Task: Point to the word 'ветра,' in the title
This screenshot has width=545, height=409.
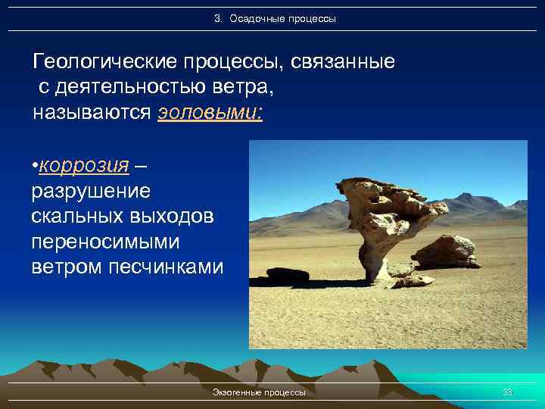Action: pyautogui.click(x=244, y=88)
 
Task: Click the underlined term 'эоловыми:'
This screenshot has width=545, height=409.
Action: pyautogui.click(x=210, y=114)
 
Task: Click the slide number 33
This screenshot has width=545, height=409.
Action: pyautogui.click(x=507, y=392)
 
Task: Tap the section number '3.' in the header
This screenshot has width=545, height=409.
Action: pyautogui.click(x=219, y=18)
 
